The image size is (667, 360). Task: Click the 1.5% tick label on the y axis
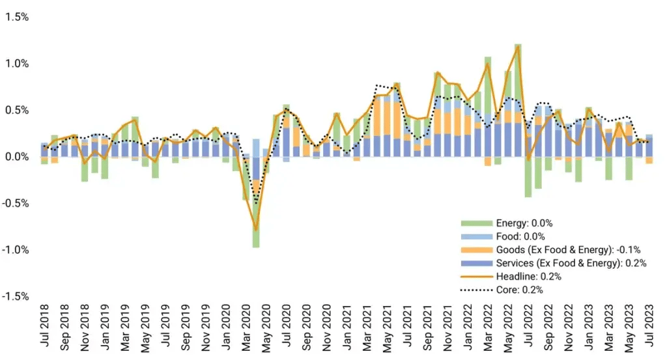tap(17, 17)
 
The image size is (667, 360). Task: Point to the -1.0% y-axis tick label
tap(16, 249)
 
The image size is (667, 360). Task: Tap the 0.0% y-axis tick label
tap(17, 157)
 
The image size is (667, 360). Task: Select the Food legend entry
tap(511, 236)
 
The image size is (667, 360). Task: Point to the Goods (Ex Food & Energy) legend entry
tap(557, 249)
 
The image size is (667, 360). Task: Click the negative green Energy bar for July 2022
tap(528, 176)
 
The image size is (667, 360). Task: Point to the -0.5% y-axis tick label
tap(16, 203)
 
